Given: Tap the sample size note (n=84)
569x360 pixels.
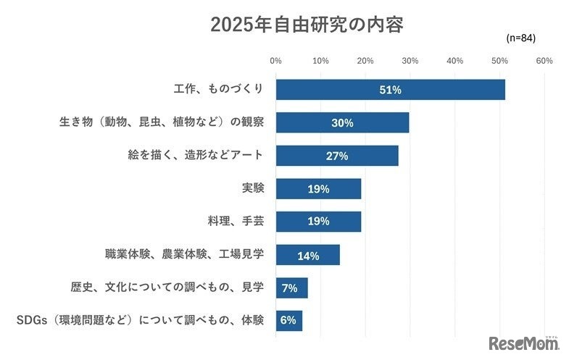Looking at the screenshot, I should tap(520, 38).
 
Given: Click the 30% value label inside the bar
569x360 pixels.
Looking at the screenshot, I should tap(342, 123).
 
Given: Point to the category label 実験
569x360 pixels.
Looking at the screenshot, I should tap(253, 188).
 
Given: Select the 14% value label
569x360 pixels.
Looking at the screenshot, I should tap(307, 255).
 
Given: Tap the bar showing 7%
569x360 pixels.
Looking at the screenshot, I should tap(291, 288).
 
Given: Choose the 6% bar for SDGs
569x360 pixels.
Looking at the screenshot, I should tap(288, 320).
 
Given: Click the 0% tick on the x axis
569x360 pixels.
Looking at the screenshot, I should tap(275, 61).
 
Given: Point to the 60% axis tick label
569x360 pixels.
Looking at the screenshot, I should tap(544, 61).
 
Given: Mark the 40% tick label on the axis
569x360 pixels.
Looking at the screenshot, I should tap(454, 61).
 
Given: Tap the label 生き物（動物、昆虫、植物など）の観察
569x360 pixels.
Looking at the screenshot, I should tap(161, 122).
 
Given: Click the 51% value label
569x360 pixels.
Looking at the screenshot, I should tap(390, 90).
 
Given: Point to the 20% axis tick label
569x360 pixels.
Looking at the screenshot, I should tap(365, 61).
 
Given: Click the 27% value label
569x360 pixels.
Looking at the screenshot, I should tap(337, 156).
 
